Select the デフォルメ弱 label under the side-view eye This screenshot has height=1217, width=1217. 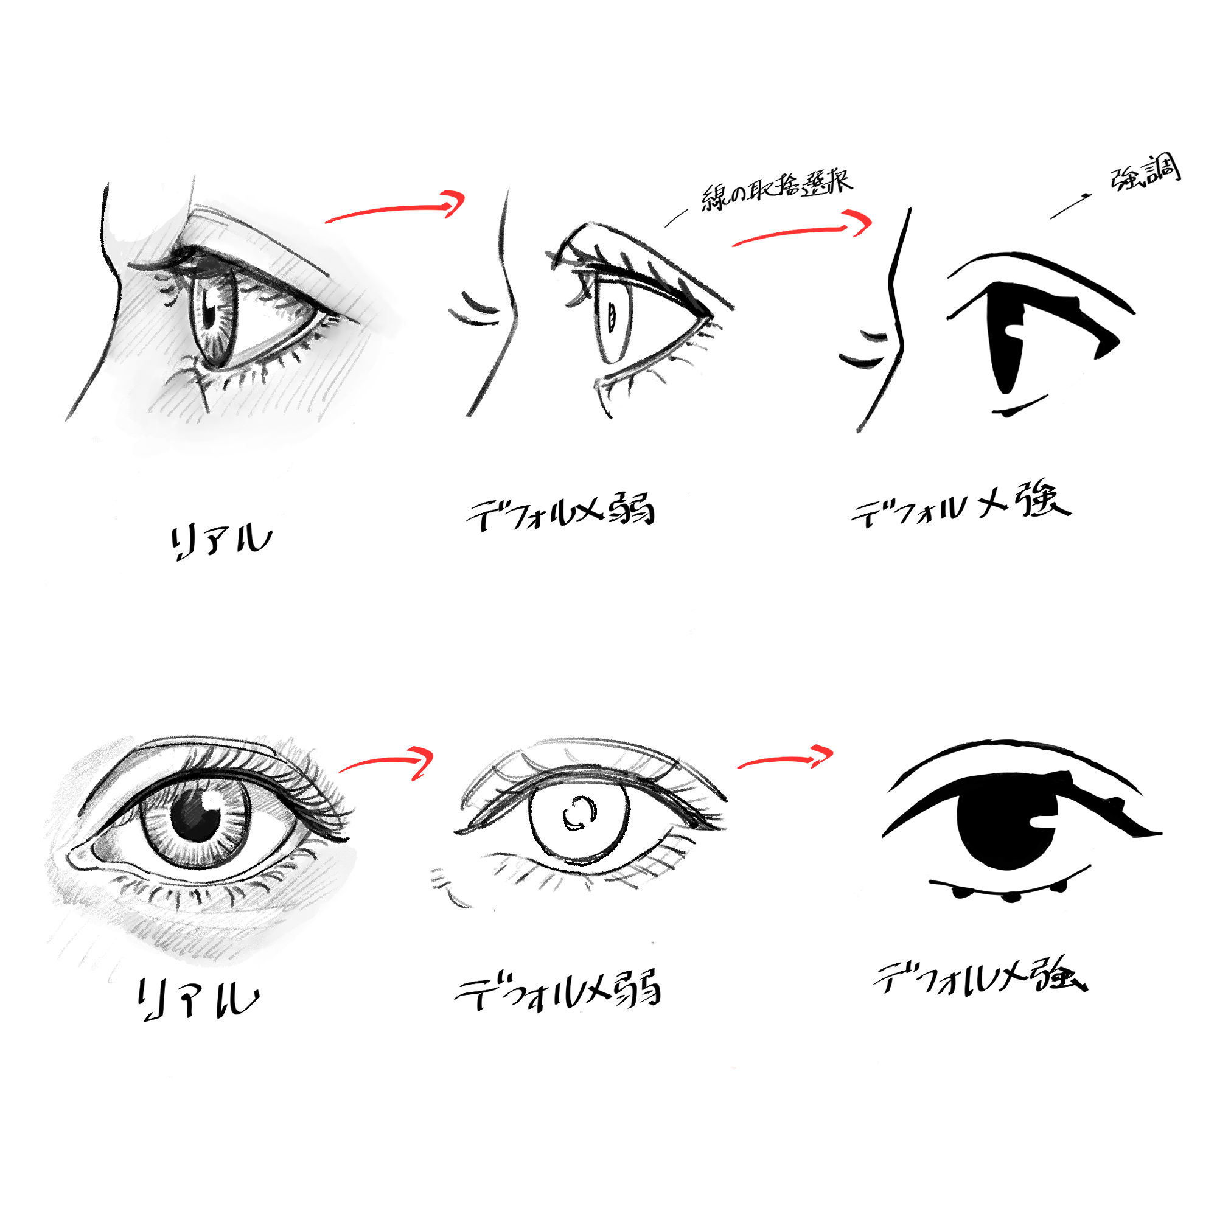click(560, 514)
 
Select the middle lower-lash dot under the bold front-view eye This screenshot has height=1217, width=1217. click(1010, 896)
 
